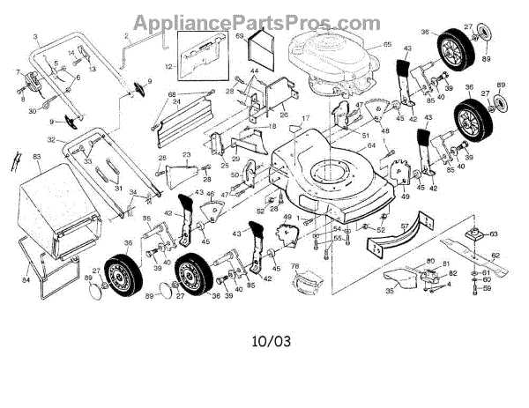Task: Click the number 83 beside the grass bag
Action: [37, 157]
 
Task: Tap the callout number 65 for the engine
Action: [361, 44]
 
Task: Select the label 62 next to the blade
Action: [495, 256]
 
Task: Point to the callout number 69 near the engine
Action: [239, 36]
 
